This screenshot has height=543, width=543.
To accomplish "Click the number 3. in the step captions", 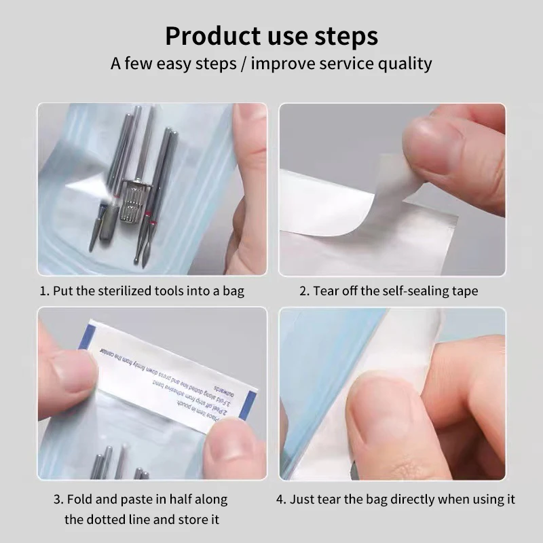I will click(58, 500).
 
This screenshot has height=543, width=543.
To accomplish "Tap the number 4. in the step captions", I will click(281, 500).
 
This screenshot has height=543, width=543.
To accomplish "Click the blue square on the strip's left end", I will click(85, 337).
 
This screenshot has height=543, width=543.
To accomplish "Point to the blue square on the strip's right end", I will click(251, 407).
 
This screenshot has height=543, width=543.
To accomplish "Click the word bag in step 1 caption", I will click(233, 291).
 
